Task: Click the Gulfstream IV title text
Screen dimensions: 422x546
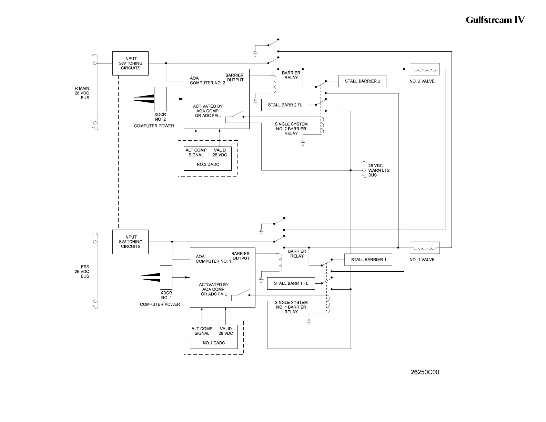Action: (495, 20)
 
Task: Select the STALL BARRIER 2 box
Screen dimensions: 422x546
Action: (362, 81)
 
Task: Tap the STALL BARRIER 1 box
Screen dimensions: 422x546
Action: (368, 260)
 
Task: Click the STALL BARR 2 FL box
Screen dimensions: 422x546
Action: (285, 105)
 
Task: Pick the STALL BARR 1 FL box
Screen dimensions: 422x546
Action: (291, 283)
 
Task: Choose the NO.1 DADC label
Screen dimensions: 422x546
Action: (214, 343)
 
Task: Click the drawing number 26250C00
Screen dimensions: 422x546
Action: (425, 372)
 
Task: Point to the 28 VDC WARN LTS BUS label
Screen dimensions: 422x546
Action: (378, 170)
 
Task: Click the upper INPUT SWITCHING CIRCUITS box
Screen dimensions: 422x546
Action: (130, 63)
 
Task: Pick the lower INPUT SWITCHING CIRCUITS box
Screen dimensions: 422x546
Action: (130, 242)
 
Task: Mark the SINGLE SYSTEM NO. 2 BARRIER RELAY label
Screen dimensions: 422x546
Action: (291, 129)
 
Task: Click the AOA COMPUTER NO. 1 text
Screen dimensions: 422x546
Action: (213, 259)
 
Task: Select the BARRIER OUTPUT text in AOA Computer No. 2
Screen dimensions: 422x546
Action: (234, 78)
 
